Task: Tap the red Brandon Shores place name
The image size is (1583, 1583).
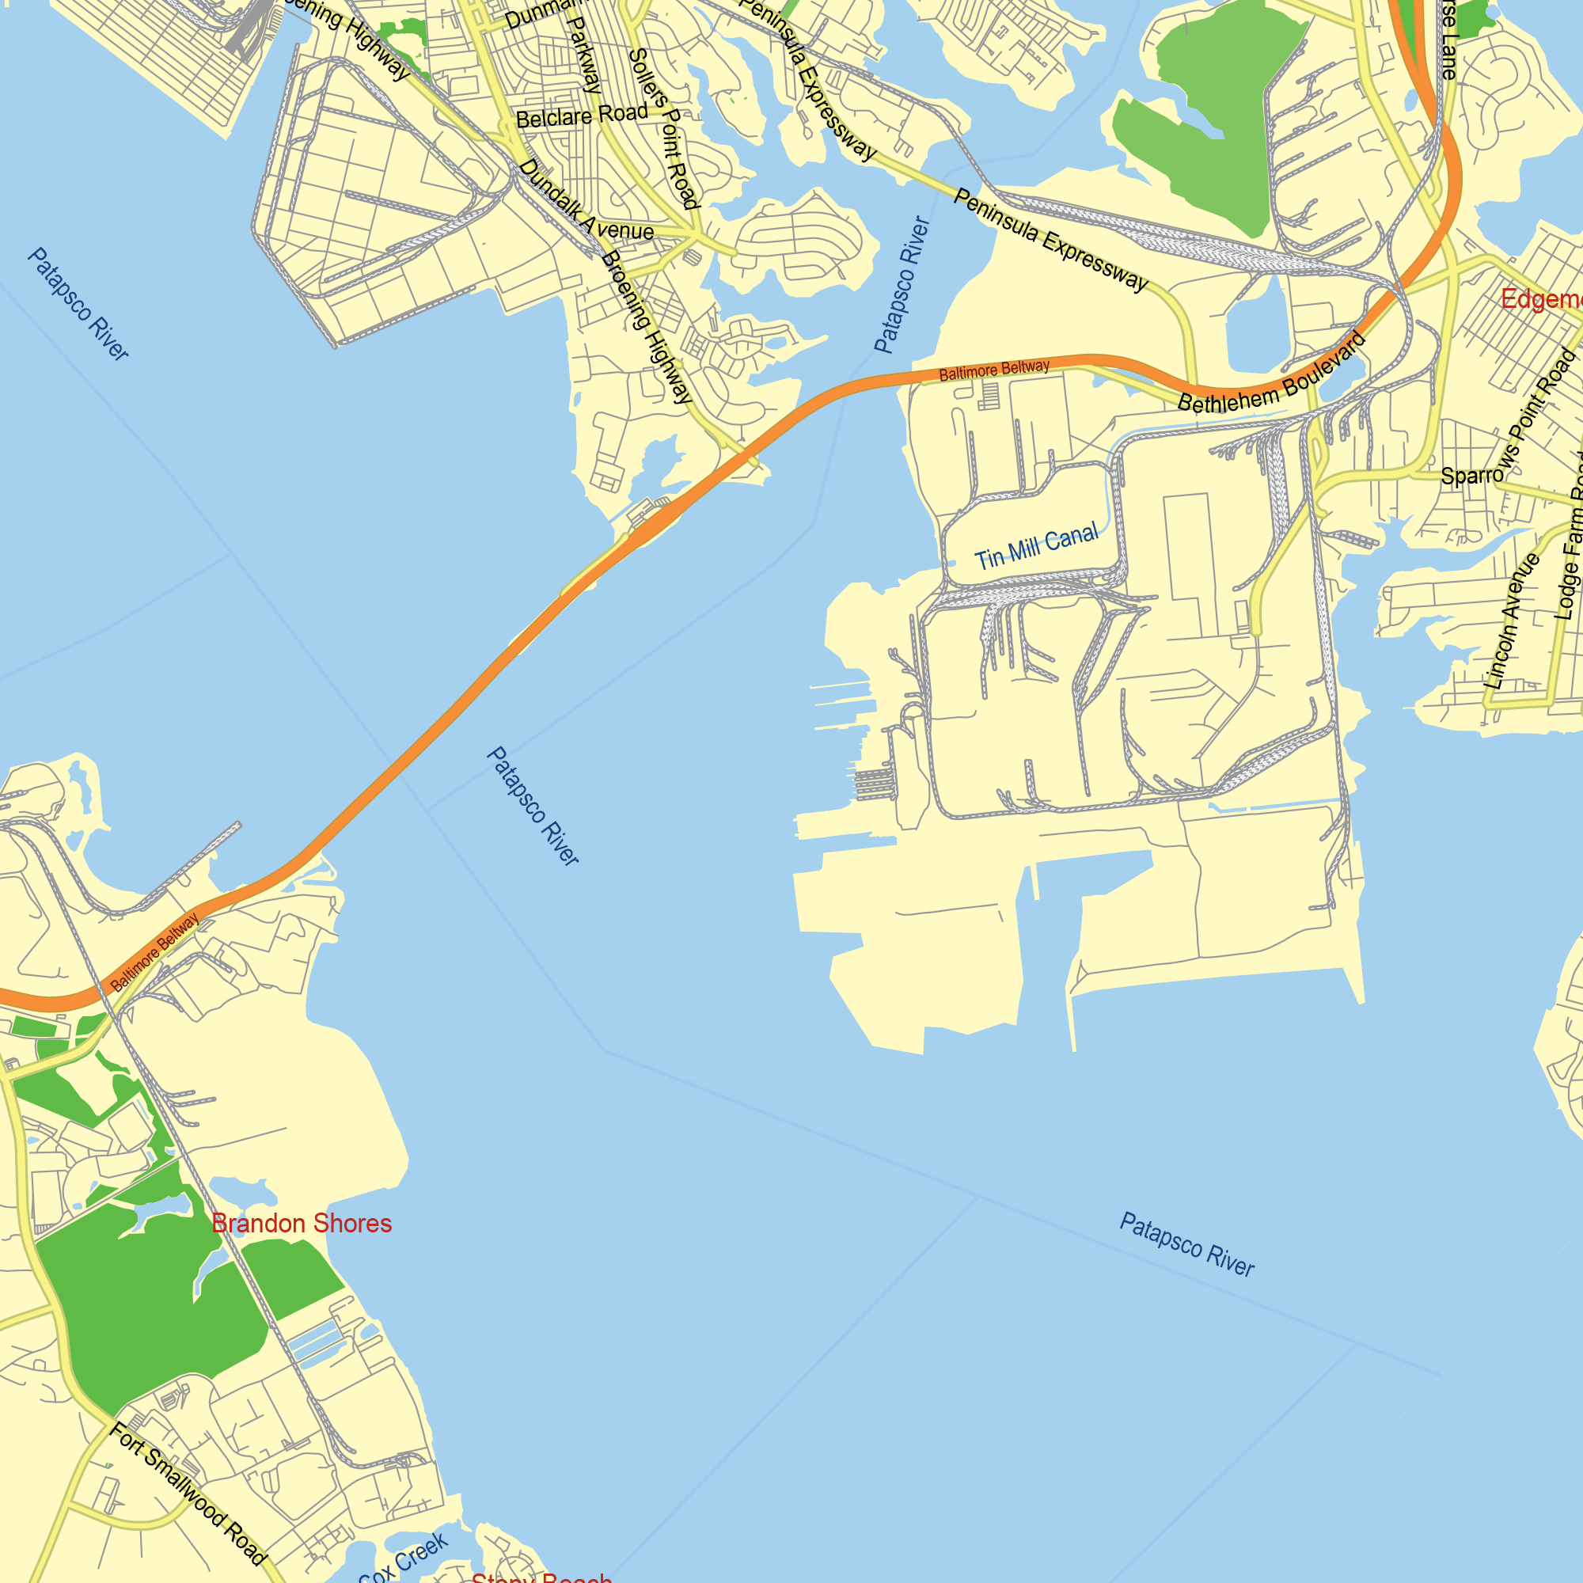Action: point(302,1224)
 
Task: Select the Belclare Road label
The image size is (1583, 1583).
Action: point(582,116)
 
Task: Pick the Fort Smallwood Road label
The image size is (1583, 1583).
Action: point(188,1494)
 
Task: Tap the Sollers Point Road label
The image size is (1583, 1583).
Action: point(664,127)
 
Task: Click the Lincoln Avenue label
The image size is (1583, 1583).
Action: point(1513,621)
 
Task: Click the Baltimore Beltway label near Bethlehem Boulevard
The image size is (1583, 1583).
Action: point(994,370)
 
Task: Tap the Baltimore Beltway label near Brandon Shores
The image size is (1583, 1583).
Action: point(155,951)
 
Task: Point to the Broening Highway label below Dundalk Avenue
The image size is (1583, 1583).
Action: point(647,328)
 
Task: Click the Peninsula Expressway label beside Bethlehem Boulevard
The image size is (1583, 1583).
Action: point(1050,240)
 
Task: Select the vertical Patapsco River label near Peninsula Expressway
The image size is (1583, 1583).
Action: point(902,285)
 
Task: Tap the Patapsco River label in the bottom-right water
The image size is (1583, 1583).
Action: point(1186,1244)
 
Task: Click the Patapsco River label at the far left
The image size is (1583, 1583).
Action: point(78,304)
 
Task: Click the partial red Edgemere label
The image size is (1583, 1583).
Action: point(1540,299)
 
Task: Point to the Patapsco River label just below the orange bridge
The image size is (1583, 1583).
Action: point(533,806)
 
